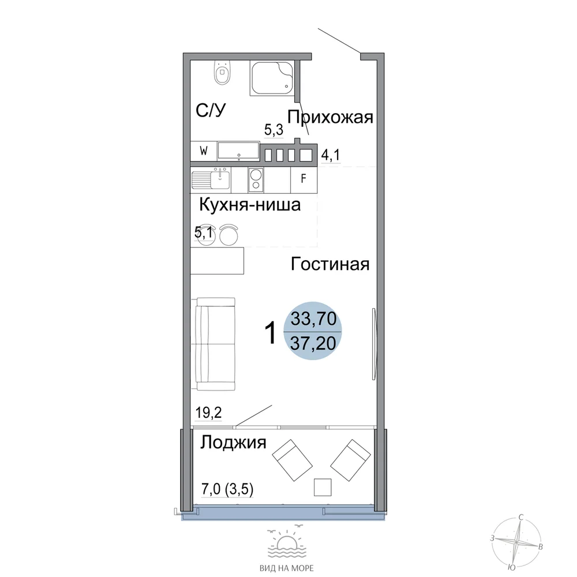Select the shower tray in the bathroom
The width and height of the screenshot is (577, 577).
click(272, 78)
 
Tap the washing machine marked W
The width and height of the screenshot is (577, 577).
click(204, 151)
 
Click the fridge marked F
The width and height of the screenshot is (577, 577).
click(304, 179)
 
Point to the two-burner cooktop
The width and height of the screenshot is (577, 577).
click(256, 180)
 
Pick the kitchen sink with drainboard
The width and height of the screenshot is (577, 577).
click(211, 180)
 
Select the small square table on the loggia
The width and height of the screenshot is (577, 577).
click(323, 487)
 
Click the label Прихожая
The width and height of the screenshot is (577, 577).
click(330, 117)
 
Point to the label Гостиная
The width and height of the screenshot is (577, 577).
click(330, 264)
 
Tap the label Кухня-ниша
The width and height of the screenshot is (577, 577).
click(250, 205)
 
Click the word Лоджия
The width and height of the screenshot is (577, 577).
click(233, 443)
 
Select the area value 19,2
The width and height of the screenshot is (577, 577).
click(208, 413)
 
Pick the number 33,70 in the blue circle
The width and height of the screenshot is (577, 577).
click(313, 319)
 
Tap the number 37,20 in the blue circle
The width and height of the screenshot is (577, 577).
click(313, 343)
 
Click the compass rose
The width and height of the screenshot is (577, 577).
click(517, 542)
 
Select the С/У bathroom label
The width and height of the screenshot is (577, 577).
click(211, 110)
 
